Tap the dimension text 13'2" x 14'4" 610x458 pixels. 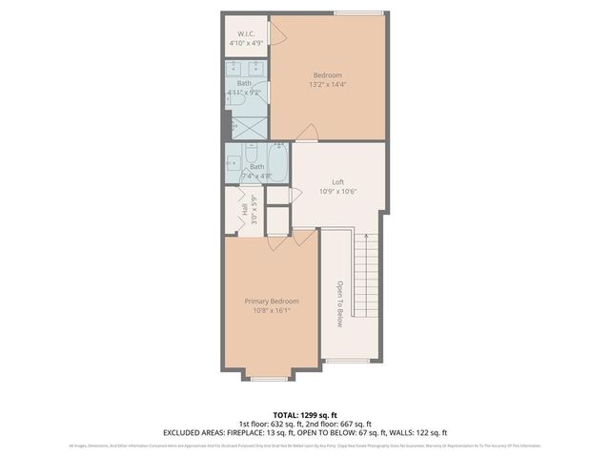pyautogui.click(x=328, y=85)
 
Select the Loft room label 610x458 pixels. pyautogui.click(x=336, y=181)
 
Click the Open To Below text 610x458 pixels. pyautogui.click(x=338, y=304)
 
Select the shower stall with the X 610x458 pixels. pyautogui.click(x=247, y=124)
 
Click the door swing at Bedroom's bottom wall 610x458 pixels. pyautogui.click(x=307, y=134)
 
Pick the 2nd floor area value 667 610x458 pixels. pyautogui.click(x=345, y=425)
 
